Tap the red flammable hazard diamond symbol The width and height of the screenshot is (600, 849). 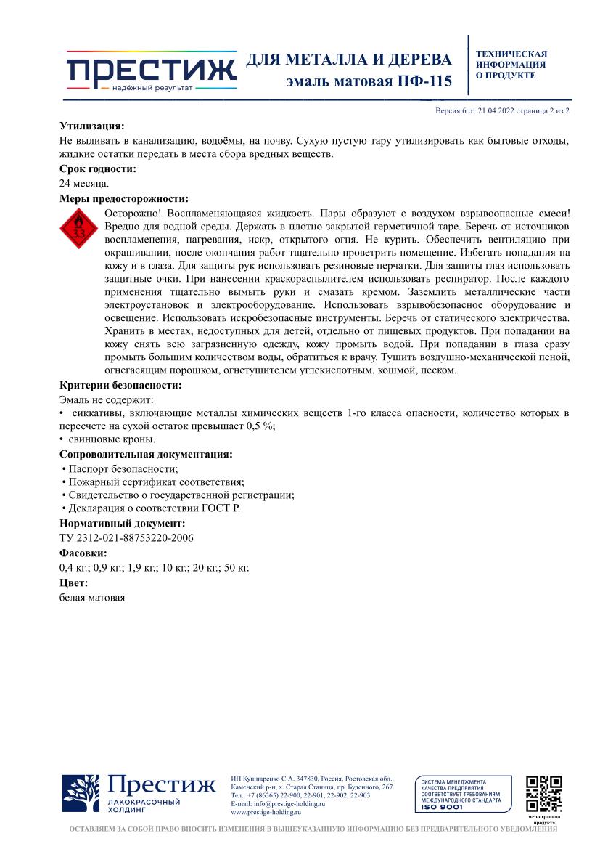coord(78,230)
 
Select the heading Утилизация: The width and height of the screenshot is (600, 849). coord(91,126)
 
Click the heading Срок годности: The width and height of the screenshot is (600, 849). coord(98,169)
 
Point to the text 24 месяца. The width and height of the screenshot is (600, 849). coord(84,184)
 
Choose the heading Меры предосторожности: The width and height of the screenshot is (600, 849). coord(124,198)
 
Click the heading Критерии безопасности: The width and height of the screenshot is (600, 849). coord(120,385)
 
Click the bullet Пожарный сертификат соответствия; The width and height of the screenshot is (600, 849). coord(153,482)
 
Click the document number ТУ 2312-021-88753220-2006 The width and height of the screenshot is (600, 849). coord(126,537)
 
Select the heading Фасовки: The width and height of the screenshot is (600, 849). coord(83,553)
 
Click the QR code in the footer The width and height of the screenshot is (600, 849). coord(543,795)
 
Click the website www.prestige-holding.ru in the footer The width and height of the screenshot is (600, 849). coord(266,813)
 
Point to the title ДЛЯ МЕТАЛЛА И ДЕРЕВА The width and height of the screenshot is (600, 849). coord(349,60)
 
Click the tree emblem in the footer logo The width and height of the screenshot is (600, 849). coord(81,794)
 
